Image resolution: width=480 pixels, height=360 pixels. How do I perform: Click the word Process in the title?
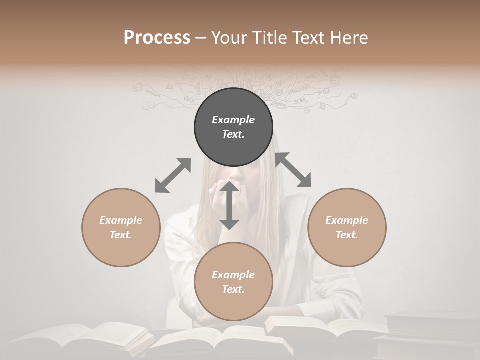coord(157,38)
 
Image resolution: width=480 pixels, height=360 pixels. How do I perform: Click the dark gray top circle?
coord(233,145)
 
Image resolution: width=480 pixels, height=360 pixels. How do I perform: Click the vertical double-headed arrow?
coord(229,206)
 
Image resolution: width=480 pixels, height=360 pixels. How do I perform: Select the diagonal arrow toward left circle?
coord(173,175)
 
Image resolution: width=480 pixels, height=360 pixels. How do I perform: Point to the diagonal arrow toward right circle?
coord(293,170)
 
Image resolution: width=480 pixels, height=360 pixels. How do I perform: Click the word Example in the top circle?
coord(233,120)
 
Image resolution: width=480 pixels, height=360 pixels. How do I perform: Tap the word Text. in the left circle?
coord(121,235)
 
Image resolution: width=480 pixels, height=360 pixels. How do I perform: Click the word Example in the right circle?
coord(347,220)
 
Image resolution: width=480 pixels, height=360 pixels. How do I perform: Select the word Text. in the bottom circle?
coord(233,289)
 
